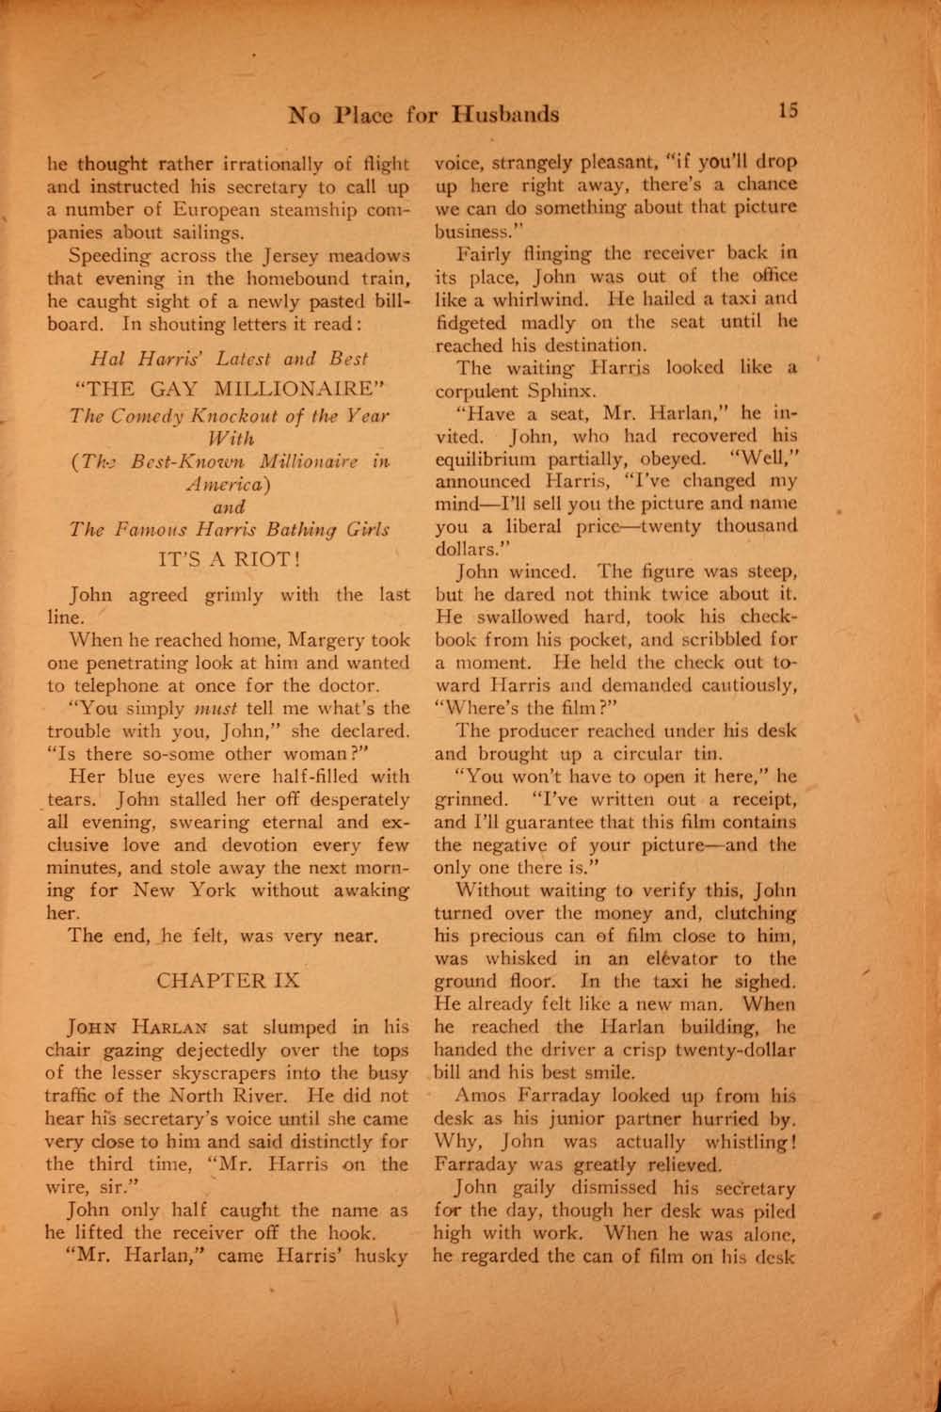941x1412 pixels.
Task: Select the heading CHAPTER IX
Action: coord(229,980)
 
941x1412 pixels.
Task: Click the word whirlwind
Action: coord(502,299)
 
